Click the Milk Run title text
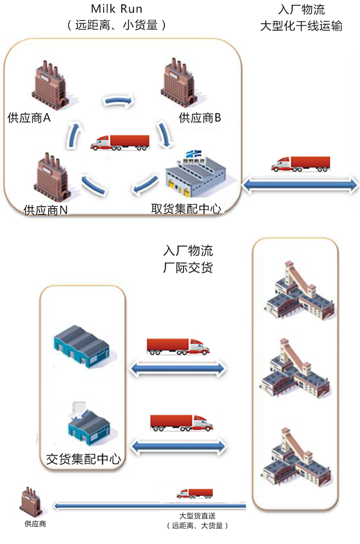(116, 9)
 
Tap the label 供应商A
(29, 117)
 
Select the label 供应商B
(200, 117)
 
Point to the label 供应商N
(46, 210)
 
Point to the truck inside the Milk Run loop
(120, 142)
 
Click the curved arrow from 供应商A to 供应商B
(118, 101)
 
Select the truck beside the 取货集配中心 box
(301, 164)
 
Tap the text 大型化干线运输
(301, 26)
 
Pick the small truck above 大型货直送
(194, 493)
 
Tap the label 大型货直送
(197, 516)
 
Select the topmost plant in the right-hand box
(299, 293)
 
